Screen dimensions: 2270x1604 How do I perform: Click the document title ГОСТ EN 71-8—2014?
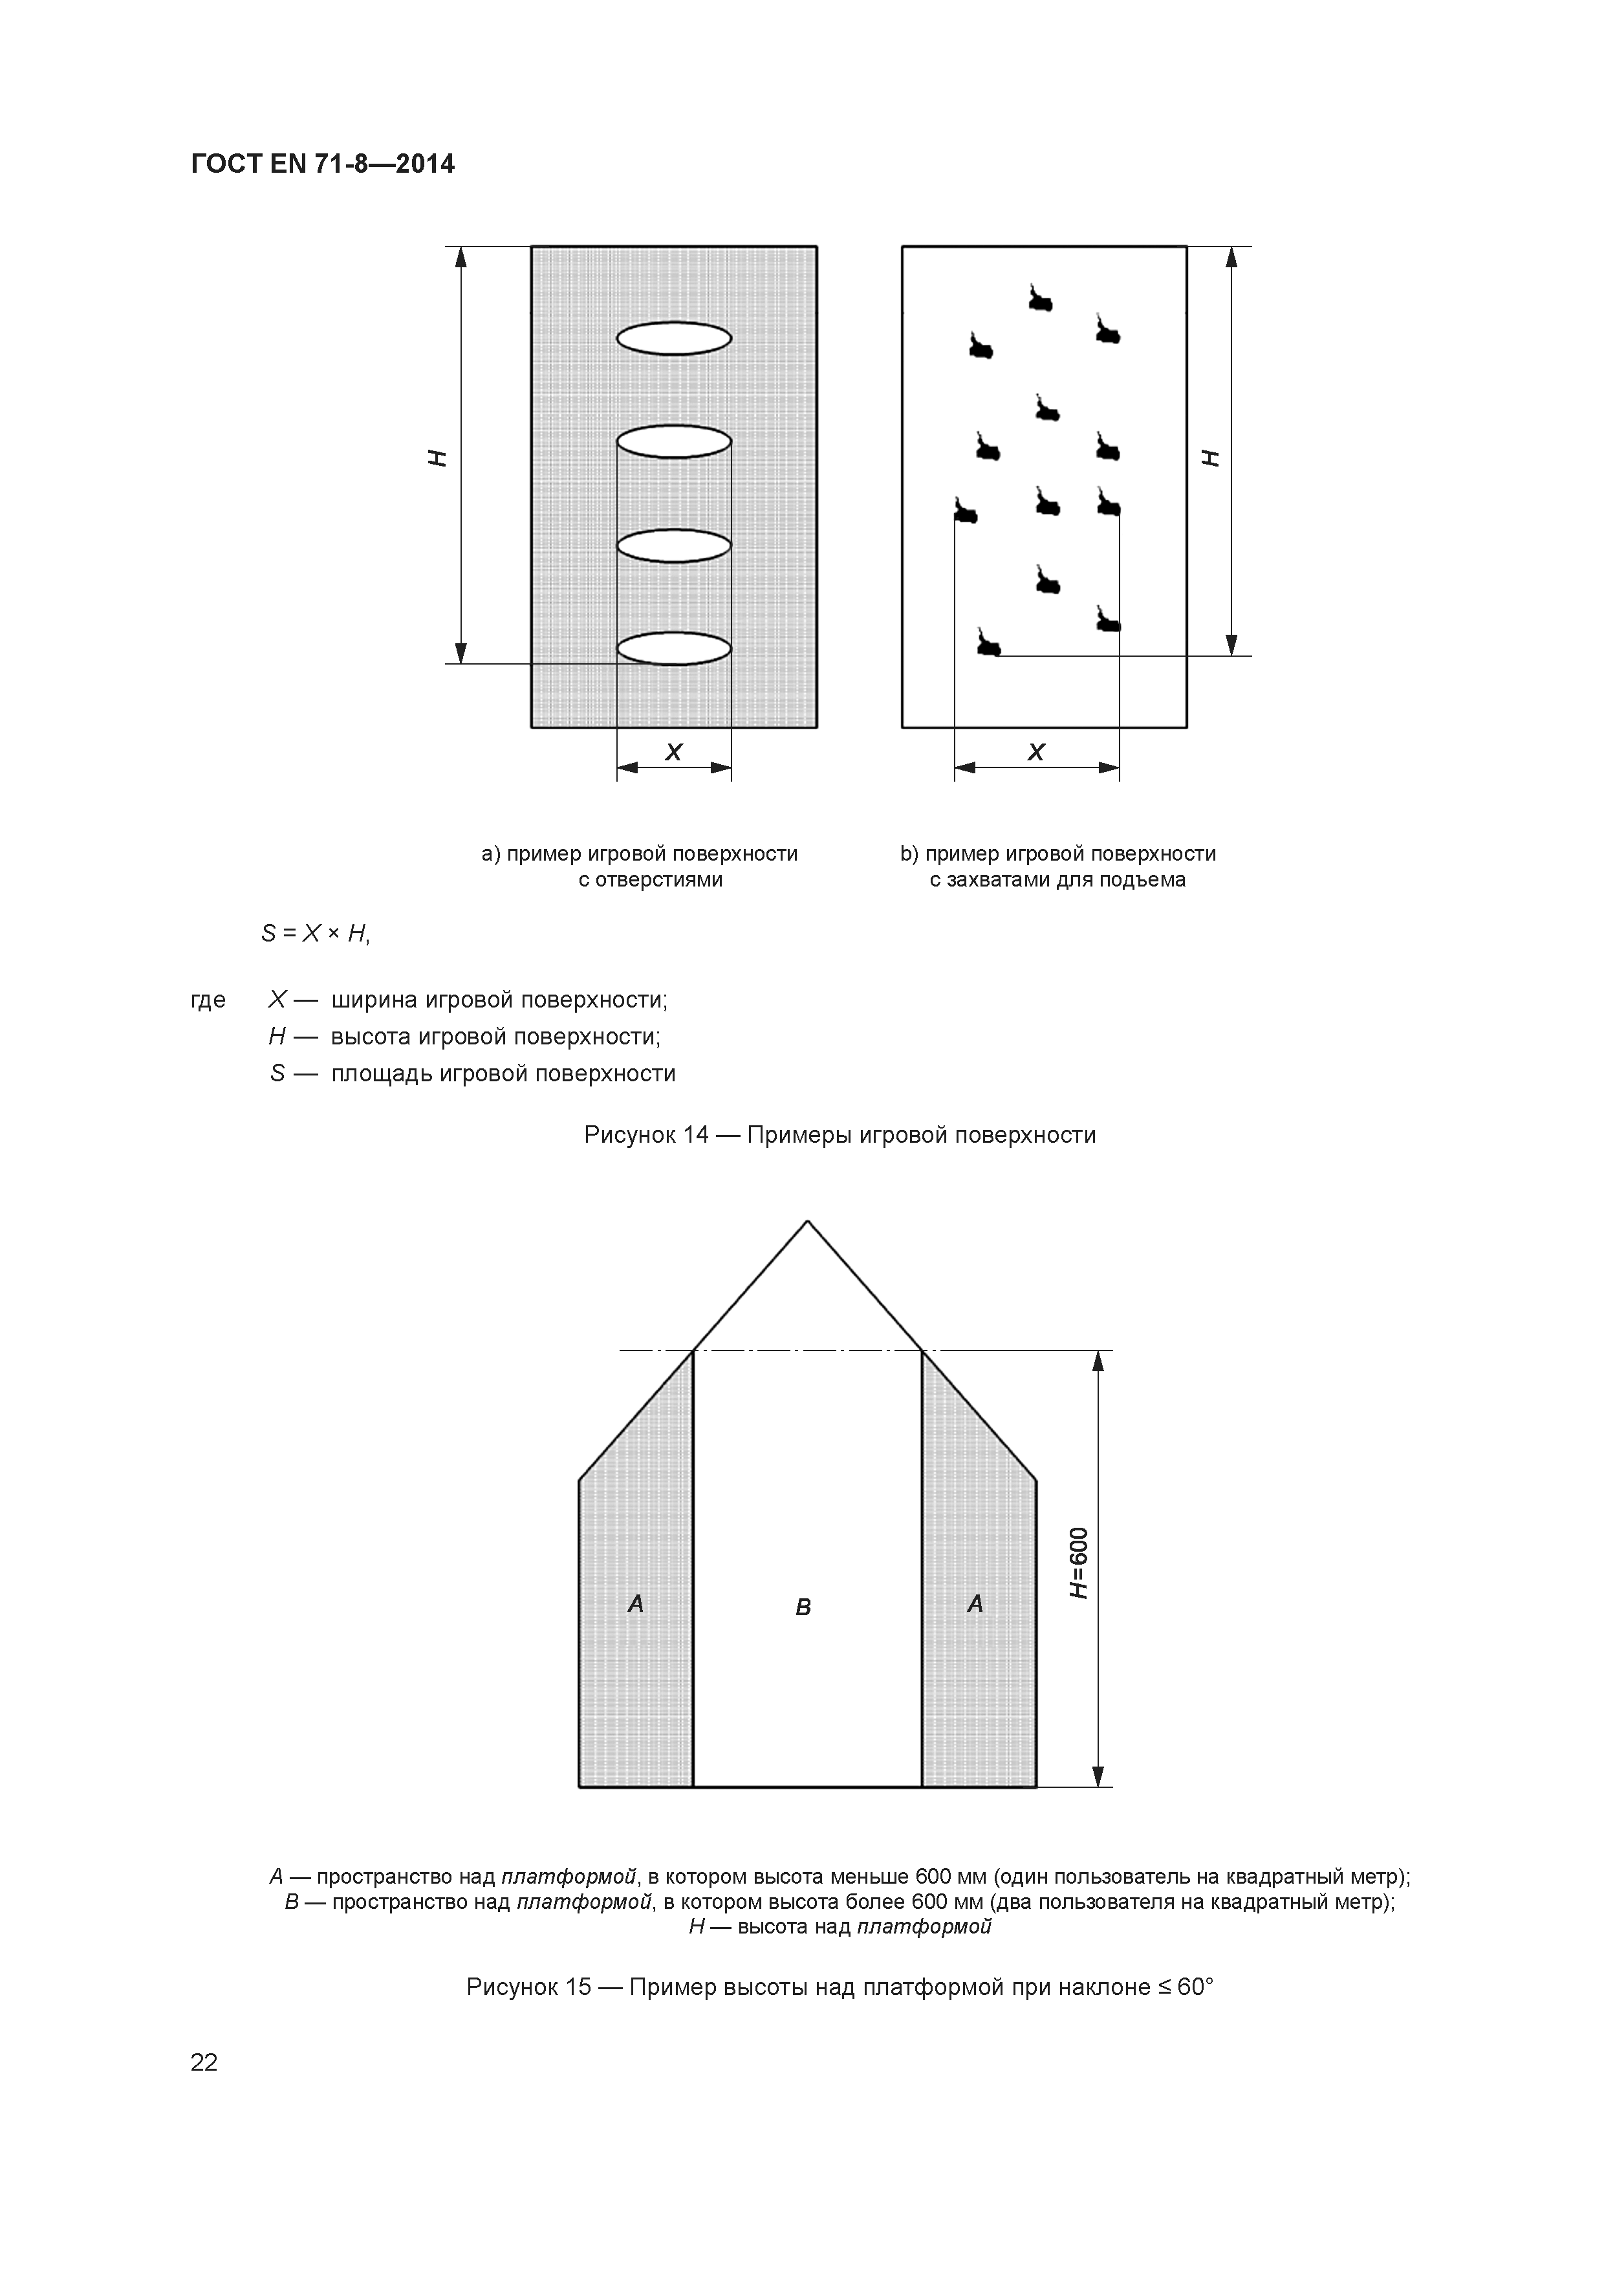tap(322, 164)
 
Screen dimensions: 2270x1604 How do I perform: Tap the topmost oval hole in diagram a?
tap(674, 339)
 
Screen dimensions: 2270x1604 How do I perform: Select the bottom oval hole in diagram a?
tap(674, 648)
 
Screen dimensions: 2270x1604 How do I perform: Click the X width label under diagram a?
tap(674, 753)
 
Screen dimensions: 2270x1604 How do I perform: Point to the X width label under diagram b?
tap(1035, 753)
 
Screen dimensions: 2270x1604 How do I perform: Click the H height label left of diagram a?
tap(437, 457)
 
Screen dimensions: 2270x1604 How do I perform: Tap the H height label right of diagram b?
tap(1211, 457)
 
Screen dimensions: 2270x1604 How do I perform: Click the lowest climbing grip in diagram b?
tap(988, 644)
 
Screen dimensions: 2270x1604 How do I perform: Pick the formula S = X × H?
tap(315, 933)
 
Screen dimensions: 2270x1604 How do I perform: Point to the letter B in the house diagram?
tap(803, 1607)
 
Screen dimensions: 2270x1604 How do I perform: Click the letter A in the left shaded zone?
tap(636, 1603)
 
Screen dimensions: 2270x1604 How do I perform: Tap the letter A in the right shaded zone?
tap(975, 1603)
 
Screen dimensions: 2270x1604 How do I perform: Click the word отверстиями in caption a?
tap(650, 880)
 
